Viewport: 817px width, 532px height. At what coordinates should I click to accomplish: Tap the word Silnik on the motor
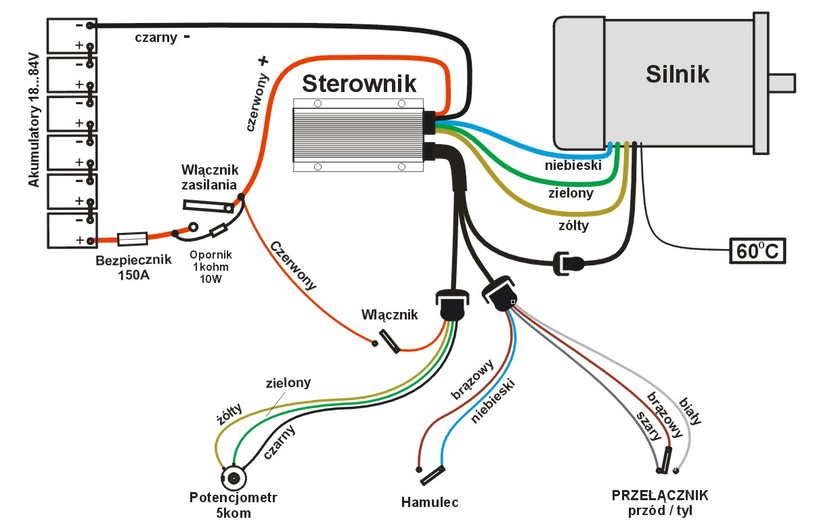[678, 73]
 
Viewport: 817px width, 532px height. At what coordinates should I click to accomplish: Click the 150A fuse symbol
[133, 239]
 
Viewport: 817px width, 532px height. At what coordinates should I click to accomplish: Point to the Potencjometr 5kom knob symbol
[234, 478]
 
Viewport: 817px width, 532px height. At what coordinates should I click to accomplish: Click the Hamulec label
[430, 502]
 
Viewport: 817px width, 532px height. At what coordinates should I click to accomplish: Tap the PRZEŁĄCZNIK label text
[660, 495]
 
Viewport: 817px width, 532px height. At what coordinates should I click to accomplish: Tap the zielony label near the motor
[570, 194]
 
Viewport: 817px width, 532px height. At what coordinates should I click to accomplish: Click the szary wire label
[647, 426]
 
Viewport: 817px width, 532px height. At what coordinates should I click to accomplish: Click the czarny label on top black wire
[156, 38]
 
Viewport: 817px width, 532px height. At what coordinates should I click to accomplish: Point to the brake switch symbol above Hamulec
[431, 476]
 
